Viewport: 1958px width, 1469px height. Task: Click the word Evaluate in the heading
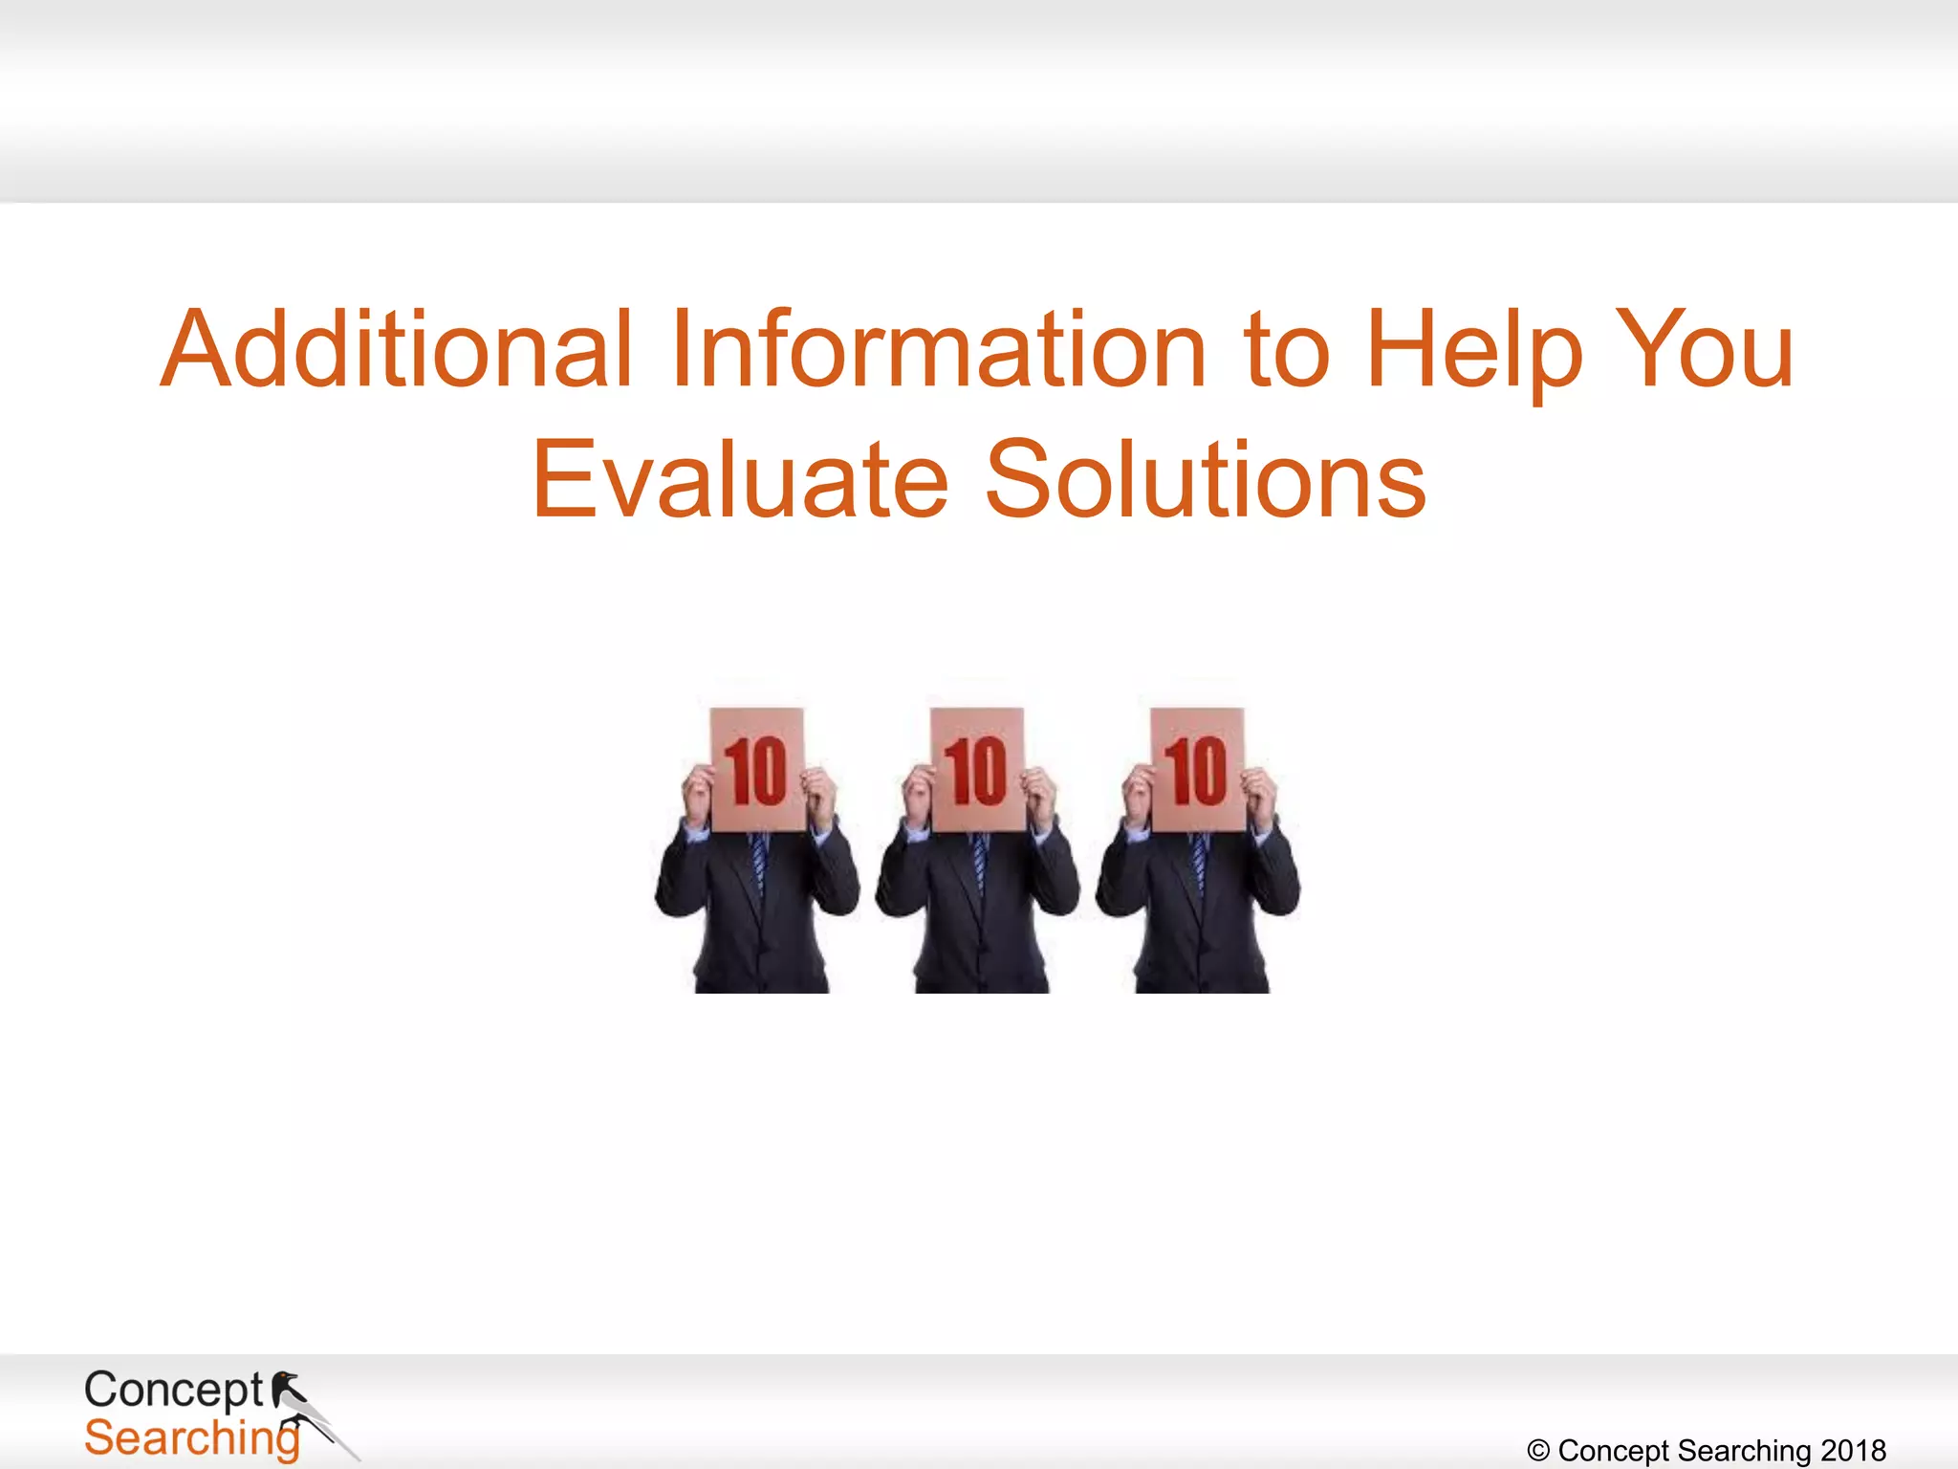click(x=741, y=480)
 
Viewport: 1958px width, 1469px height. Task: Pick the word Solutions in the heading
click(x=1206, y=480)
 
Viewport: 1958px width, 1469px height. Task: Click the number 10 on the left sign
click(x=755, y=771)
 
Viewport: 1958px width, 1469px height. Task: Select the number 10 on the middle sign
click(x=975, y=771)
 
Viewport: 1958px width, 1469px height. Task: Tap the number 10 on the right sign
click(x=1195, y=771)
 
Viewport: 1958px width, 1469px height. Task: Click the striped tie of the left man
click(x=759, y=861)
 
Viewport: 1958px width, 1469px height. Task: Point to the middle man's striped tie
click(x=979, y=861)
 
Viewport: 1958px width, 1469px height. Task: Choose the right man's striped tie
click(x=1199, y=861)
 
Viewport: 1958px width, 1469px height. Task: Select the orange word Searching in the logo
click(x=191, y=1438)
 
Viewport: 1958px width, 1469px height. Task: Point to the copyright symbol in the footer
click(x=1538, y=1451)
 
